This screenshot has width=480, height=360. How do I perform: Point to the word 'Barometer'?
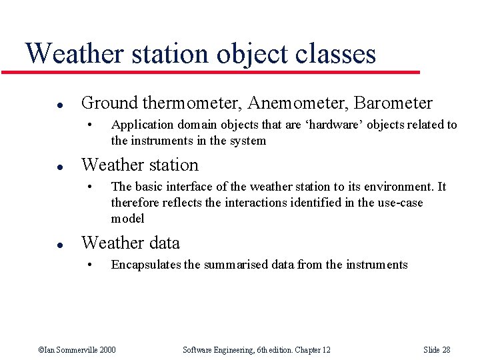coord(393,103)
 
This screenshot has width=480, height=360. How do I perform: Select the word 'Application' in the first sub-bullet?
coord(139,125)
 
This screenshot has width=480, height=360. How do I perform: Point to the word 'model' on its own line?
coord(127,219)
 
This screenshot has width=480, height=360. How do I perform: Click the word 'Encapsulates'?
coord(146,265)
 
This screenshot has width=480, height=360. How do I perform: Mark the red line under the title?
coord(220,71)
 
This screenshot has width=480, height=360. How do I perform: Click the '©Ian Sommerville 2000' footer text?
coord(77,350)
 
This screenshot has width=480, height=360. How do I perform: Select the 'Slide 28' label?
coord(437,350)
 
